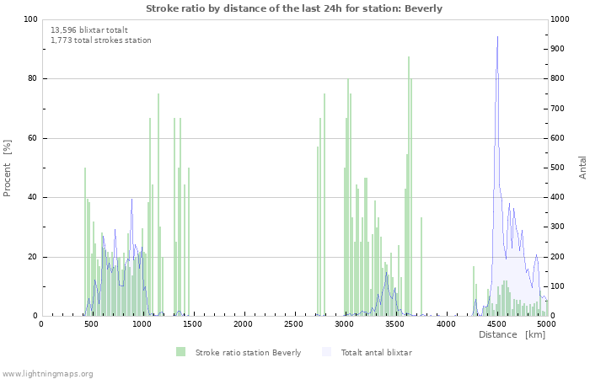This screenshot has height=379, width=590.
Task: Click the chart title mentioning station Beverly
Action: click(293, 8)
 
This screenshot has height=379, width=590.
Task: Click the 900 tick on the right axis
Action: click(559, 49)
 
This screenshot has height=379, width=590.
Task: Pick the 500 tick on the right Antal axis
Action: click(559, 168)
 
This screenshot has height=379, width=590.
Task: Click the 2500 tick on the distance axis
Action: click(293, 323)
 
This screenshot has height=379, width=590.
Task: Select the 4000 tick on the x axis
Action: click(445, 323)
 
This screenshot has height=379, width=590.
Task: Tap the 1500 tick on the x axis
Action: click(192, 323)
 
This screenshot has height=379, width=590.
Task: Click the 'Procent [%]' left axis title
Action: click(8, 168)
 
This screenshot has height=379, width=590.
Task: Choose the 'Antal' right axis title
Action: click(582, 167)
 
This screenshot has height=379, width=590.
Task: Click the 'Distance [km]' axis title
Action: click(512, 334)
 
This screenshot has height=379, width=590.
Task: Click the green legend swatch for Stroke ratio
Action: click(180, 352)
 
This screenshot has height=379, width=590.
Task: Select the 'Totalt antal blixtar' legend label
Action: click(376, 352)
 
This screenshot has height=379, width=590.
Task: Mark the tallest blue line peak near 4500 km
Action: click(497, 37)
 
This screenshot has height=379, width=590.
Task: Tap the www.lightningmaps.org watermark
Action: click(47, 373)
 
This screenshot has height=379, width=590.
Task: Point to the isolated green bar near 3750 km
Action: click(421, 266)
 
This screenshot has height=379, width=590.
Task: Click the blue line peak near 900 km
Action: click(131, 200)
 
